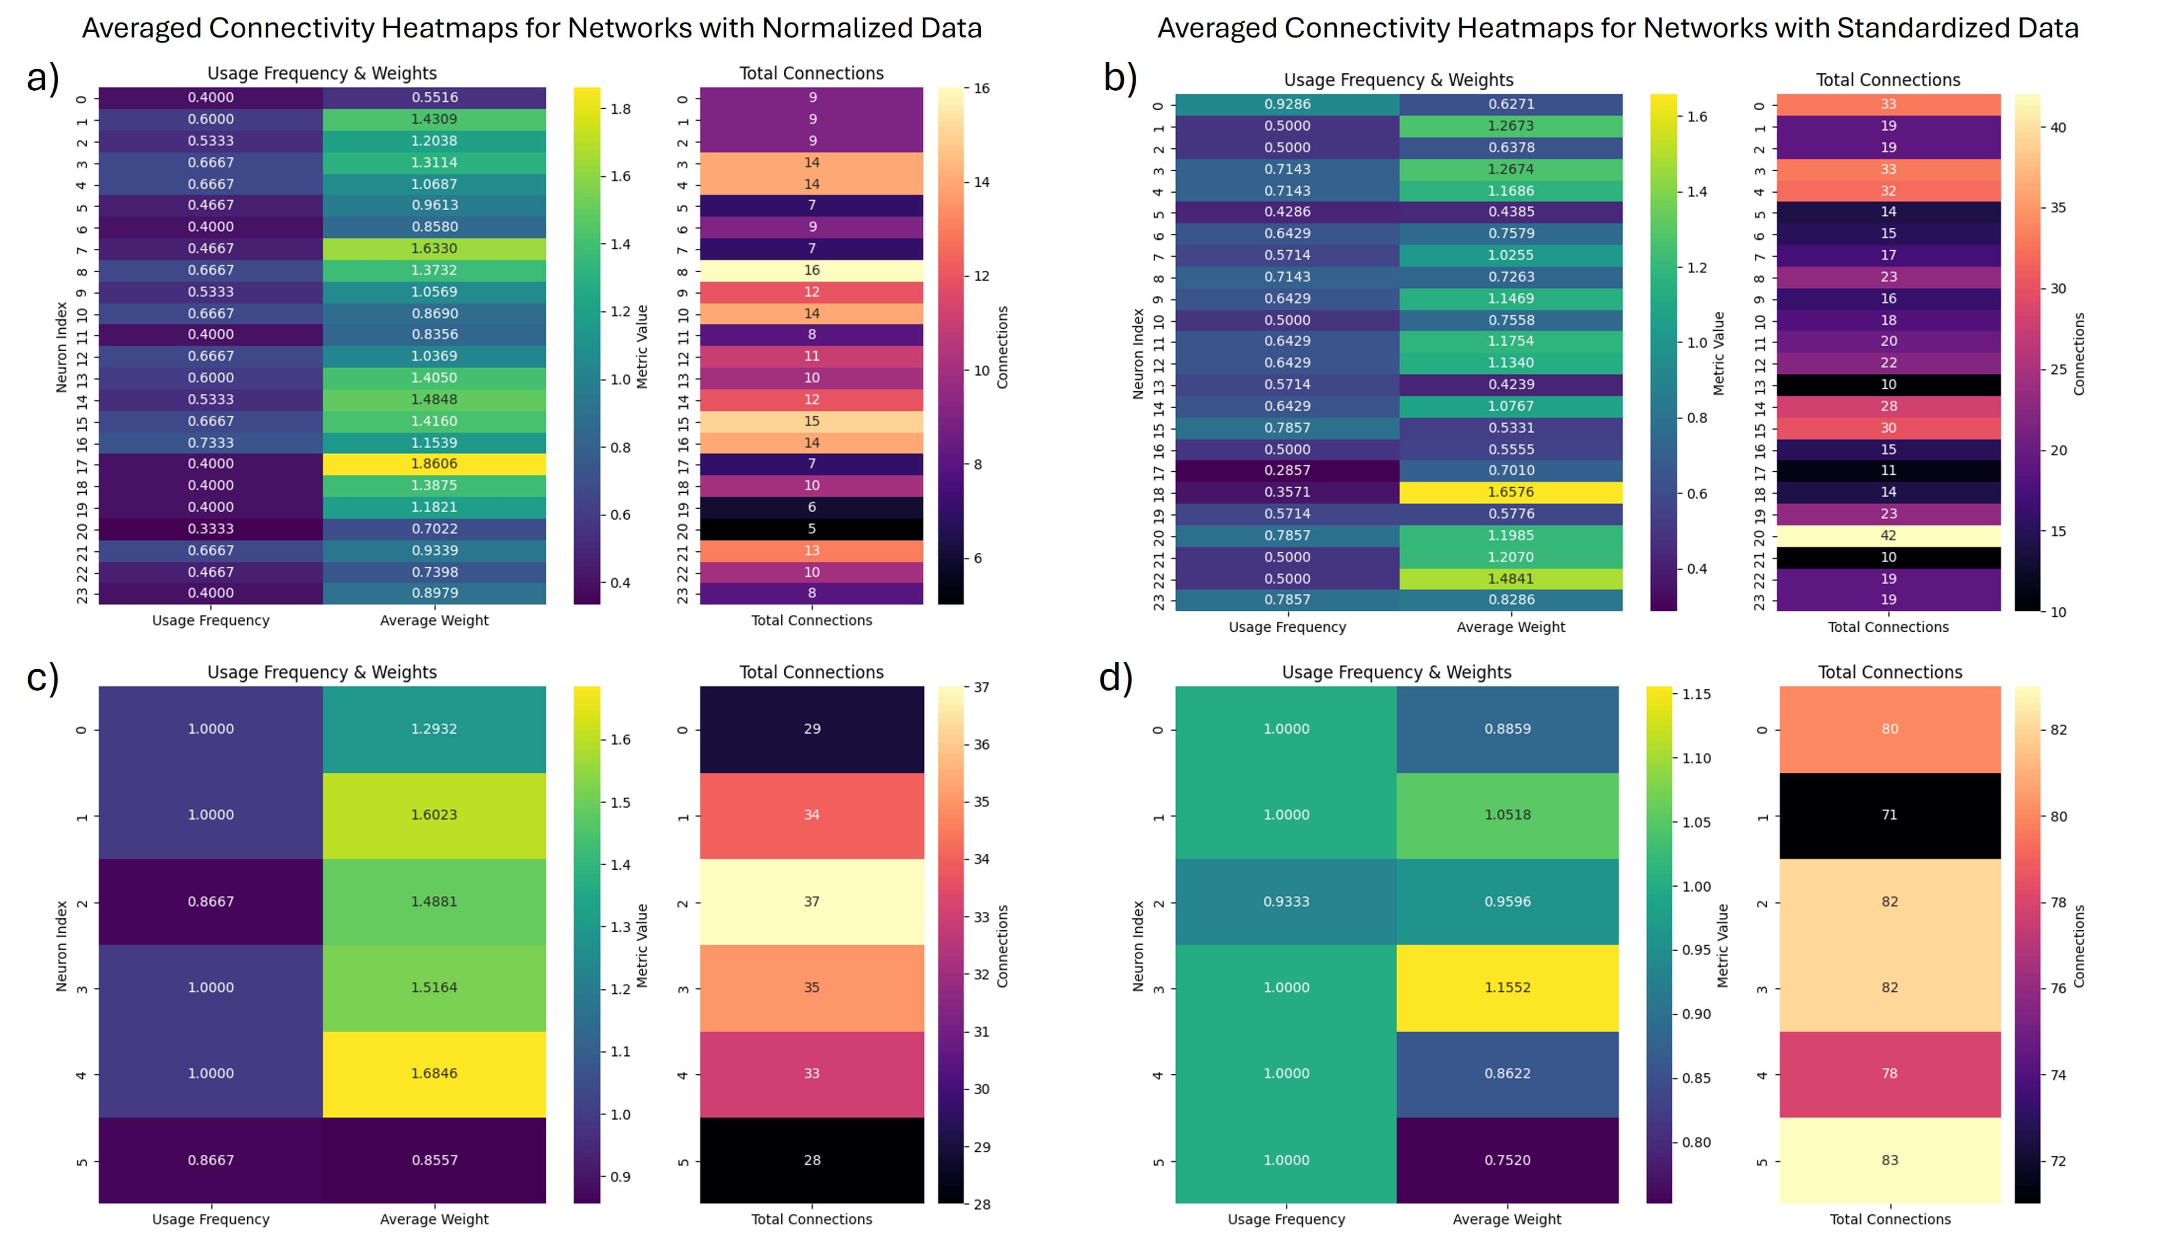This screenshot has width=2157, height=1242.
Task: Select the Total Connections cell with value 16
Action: [812, 270]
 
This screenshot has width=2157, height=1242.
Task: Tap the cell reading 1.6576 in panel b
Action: [1510, 492]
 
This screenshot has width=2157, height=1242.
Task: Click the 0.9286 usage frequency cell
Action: [1287, 104]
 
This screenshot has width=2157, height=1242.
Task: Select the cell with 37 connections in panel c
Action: [812, 902]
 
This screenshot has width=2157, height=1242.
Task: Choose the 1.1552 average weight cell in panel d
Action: [1507, 988]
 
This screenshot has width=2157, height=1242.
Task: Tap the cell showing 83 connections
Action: [1890, 1160]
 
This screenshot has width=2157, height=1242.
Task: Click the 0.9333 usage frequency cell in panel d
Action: [1286, 902]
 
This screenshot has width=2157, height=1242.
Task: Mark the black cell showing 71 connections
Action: [1890, 815]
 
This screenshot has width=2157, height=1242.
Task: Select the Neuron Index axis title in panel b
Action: [1137, 353]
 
